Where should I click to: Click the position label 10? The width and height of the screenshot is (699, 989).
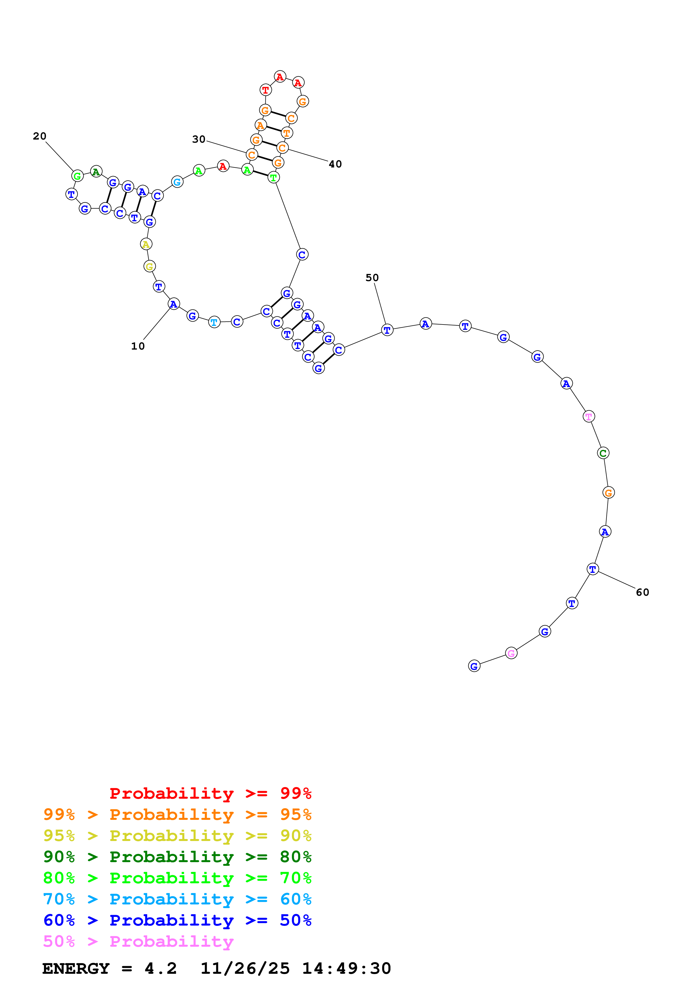138,346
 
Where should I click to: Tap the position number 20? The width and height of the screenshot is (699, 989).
40,136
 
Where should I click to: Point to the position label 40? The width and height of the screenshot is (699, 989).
335,164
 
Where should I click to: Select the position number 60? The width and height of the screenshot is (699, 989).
642,592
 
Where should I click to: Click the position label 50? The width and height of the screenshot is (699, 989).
372,278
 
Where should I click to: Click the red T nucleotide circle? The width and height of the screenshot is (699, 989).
266,90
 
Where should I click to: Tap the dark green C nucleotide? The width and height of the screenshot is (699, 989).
603,453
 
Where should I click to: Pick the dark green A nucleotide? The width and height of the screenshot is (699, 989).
96,172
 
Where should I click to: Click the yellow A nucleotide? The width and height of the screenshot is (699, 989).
146,244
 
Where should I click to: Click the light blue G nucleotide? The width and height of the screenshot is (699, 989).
177,182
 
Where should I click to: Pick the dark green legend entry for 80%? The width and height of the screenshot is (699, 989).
177,857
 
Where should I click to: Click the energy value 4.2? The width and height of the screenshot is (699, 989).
160,968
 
